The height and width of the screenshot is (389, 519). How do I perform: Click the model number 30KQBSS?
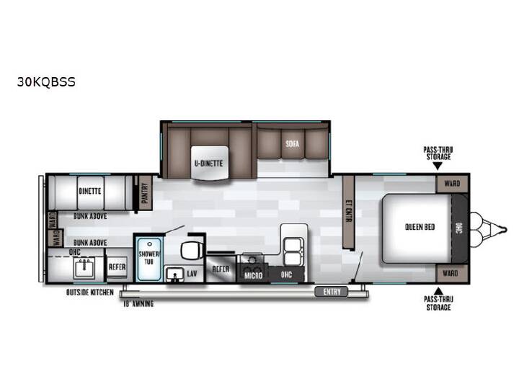coord(46,81)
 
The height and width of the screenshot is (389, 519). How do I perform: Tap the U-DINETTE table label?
coord(208,163)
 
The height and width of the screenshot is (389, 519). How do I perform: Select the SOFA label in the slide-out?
coord(292,143)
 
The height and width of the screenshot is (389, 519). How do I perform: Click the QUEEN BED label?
coord(420,227)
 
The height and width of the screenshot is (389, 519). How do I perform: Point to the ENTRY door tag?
coord(332,292)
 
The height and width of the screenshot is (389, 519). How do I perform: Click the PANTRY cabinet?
coord(145,193)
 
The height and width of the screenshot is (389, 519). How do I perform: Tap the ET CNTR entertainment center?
coord(348,212)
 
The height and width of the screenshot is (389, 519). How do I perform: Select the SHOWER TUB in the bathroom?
coord(148,258)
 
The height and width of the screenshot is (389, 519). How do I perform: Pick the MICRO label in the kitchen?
coord(253,275)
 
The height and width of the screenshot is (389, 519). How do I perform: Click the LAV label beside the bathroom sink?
coord(192,274)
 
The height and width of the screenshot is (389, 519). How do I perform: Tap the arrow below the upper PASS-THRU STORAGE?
coord(438,166)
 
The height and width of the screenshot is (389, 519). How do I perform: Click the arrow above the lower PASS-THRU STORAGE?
coord(438,291)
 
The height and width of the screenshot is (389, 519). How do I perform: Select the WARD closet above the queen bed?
coord(452,184)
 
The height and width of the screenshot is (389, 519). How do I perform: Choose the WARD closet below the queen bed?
coord(452,273)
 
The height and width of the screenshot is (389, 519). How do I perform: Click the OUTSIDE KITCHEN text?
coord(90,292)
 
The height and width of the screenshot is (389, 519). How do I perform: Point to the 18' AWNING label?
coord(138,304)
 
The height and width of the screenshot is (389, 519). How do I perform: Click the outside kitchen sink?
coord(84,267)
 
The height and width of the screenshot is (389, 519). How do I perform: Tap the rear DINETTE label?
coord(89,191)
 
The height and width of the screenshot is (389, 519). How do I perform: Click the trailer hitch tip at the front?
coord(505,229)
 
